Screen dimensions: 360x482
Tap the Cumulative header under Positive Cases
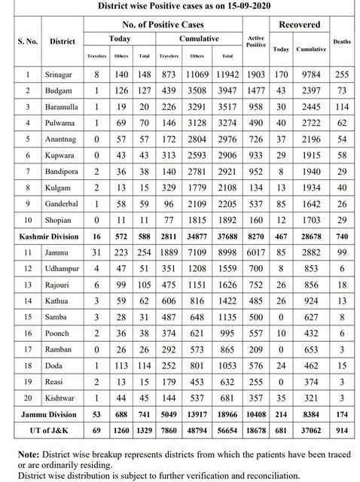(x=198, y=37)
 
